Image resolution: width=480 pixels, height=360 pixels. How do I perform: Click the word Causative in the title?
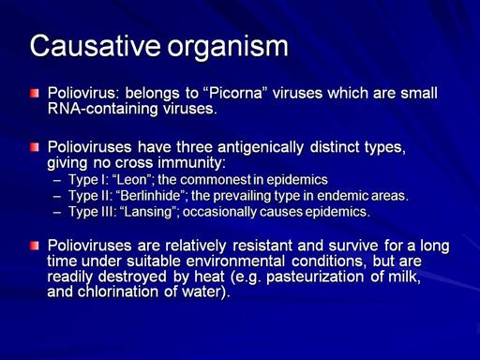point(96,46)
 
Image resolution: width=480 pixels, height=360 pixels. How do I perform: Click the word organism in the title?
point(228,48)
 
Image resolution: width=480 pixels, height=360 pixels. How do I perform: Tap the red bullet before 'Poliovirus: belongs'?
point(35,93)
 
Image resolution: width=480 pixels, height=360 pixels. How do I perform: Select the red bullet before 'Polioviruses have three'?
point(35,147)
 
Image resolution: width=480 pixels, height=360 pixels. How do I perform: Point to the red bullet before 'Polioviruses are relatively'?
point(35,246)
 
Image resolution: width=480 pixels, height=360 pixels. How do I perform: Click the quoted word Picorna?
point(235,93)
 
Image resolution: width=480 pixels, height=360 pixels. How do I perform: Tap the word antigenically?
point(261,147)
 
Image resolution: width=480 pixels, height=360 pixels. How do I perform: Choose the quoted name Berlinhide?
point(150,196)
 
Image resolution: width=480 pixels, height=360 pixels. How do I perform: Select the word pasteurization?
point(315,277)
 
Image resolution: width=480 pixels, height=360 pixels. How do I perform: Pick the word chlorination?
point(118,292)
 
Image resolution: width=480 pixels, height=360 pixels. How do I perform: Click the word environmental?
point(235,262)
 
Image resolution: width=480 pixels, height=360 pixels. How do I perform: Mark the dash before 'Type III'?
point(57,212)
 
